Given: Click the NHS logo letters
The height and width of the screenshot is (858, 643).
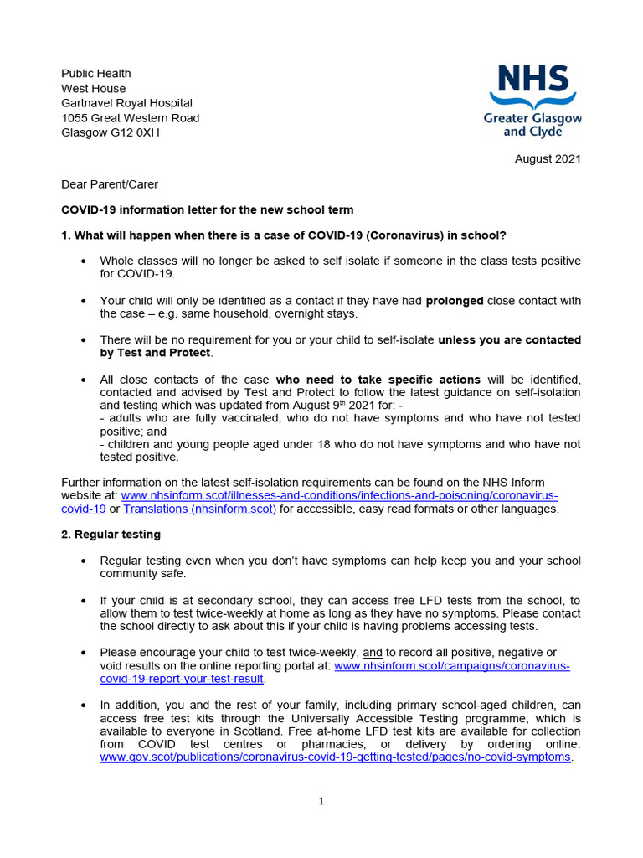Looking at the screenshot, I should pos(533,80).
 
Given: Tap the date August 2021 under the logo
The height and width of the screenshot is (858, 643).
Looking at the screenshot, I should pos(548,158).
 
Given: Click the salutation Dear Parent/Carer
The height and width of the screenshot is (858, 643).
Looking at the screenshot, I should pos(109,184).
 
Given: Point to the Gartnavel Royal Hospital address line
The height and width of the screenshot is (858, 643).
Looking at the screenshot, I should pos(126,103).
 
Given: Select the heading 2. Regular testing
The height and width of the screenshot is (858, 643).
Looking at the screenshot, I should pos(111,534).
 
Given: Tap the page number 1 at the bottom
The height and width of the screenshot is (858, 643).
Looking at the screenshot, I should pos(321,801).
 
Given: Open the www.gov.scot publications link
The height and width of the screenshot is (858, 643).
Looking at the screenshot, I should pos(335,757).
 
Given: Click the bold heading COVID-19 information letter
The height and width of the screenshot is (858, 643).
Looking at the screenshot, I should pos(208,209).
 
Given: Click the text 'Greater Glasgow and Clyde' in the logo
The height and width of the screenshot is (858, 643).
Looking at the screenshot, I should pos(532,125).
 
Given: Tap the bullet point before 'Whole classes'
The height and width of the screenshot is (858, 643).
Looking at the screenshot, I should pos(83,261).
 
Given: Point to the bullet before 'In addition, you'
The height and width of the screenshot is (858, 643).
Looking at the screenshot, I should pos(83,706).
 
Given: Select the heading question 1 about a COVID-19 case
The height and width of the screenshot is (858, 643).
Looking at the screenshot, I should pos(284,235).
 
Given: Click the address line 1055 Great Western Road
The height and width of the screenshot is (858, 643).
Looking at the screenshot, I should pos(131,118).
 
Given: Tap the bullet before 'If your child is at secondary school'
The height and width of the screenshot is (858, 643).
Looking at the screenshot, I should pos(83,602).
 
